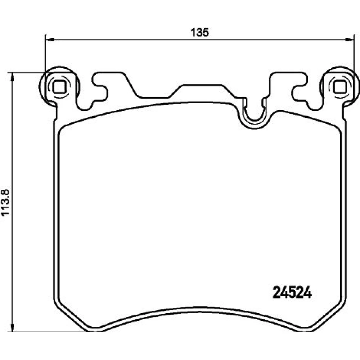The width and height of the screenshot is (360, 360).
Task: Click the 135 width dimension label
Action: pos(200,32)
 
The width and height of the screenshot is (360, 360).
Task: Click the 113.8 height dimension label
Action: pos(5,202)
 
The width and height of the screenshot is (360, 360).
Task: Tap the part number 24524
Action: pos(292,292)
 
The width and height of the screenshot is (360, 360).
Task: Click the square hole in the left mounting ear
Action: pos(59,87)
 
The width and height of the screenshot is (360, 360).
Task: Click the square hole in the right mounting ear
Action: pos(340,87)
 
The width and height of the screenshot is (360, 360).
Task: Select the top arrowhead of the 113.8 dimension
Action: pos(12,77)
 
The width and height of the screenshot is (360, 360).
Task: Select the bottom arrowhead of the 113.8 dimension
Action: pos(12,327)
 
